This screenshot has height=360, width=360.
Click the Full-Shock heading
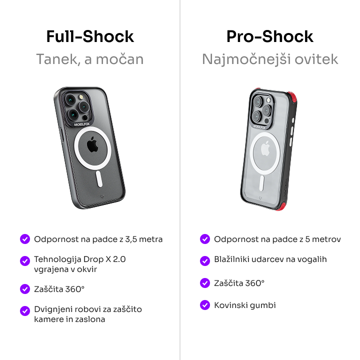(90, 36)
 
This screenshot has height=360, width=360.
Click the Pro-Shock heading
(270, 36)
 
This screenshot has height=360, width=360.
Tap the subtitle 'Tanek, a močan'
(90, 59)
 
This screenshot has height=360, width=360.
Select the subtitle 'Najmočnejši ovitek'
(270, 59)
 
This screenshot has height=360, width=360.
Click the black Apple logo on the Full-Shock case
(92, 144)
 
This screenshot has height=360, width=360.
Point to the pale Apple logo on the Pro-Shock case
(265, 149)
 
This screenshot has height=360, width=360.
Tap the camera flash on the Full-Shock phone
(81, 97)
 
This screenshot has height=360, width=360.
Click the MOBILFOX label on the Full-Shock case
(81, 124)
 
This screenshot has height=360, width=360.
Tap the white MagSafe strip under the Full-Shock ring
(99, 179)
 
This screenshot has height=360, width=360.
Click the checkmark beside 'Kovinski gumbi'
(205, 305)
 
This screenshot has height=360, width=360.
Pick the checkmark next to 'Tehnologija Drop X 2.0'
(25, 261)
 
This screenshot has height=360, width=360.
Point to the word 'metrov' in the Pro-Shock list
(326, 239)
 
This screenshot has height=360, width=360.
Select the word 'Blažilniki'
(231, 259)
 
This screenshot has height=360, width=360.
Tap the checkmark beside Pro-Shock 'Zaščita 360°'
(205, 283)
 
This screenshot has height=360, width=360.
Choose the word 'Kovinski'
(230, 305)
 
